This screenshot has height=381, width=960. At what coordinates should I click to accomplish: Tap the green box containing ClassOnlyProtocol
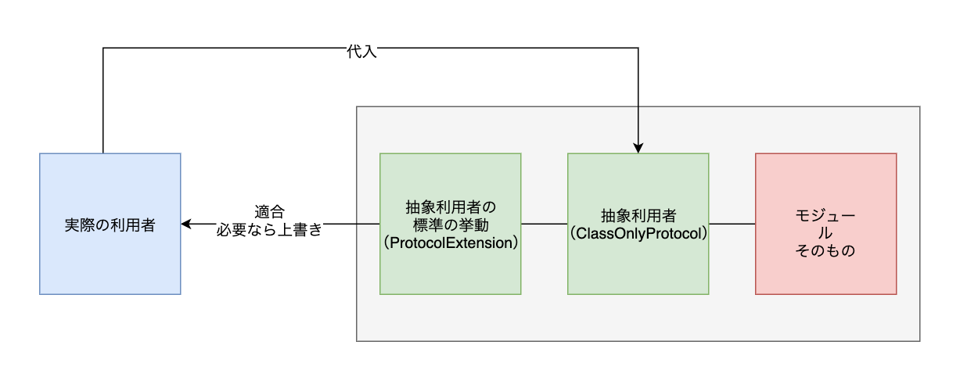[x=638, y=266]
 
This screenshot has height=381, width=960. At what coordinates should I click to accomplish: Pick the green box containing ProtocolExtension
[x=450, y=270]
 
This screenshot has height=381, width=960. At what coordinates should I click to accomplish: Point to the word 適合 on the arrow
[x=269, y=212]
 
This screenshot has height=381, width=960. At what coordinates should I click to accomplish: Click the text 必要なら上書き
[x=269, y=231]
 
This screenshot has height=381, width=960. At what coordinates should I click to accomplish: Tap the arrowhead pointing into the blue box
[x=186, y=224]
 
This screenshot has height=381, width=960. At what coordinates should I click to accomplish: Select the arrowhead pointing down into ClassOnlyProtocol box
[x=638, y=148]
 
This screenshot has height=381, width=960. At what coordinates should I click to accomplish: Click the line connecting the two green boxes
[x=544, y=224]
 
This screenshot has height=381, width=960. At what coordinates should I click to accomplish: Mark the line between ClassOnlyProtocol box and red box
[x=732, y=224]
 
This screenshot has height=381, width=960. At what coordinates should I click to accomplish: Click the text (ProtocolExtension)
[x=450, y=243]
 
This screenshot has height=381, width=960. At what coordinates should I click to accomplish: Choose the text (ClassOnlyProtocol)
[x=638, y=233]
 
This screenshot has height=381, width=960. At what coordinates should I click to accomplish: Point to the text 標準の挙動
[x=450, y=225]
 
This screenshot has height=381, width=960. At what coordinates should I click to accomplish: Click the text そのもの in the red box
[x=825, y=250]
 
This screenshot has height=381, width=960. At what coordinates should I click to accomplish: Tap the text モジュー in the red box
[x=825, y=214]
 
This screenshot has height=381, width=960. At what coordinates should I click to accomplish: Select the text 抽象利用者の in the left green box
[x=450, y=207]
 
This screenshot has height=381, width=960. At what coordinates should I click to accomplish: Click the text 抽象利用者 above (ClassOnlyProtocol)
[x=638, y=215]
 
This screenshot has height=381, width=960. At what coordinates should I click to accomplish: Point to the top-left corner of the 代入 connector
[x=103, y=49]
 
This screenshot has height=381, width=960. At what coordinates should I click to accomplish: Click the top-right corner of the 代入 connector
[x=638, y=49]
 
